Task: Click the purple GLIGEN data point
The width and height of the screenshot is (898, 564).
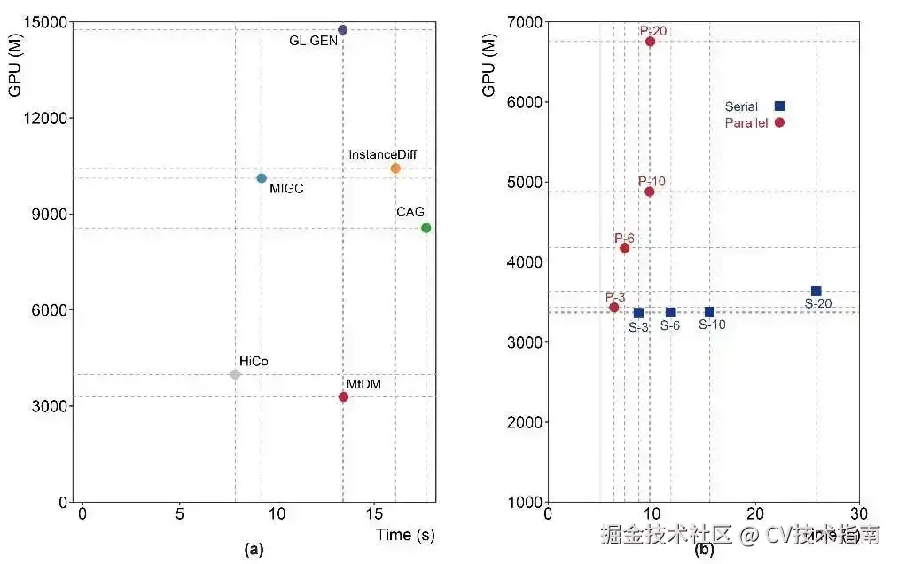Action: pyautogui.click(x=343, y=30)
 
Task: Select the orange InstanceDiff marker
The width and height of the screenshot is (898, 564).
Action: pyautogui.click(x=395, y=168)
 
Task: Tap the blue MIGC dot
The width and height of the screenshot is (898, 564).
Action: pyautogui.click(x=262, y=178)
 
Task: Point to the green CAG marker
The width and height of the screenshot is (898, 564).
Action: pyautogui.click(x=426, y=228)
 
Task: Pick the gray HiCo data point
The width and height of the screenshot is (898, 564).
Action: pyautogui.click(x=235, y=374)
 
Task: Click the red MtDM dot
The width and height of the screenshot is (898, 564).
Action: pyautogui.click(x=343, y=396)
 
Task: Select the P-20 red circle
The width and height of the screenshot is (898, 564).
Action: pyautogui.click(x=650, y=42)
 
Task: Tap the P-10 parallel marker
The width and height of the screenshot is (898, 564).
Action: pyautogui.click(x=650, y=192)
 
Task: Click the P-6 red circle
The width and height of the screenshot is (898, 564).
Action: pyautogui.click(x=624, y=248)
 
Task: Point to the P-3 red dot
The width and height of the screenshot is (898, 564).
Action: pyautogui.click(x=613, y=307)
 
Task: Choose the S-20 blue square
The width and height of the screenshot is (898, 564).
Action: pyautogui.click(x=816, y=291)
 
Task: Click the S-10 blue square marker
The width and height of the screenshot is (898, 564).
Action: pyautogui.click(x=709, y=311)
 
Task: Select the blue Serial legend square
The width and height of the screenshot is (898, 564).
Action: pyautogui.click(x=779, y=106)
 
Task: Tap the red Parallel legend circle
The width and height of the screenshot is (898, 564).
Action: pyautogui.click(x=779, y=122)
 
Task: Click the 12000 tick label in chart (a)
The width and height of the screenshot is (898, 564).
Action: pyautogui.click(x=46, y=119)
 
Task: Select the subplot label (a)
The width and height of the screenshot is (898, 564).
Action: pyautogui.click(x=254, y=550)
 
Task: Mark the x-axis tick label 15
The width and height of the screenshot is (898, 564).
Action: pyautogui.click(x=375, y=514)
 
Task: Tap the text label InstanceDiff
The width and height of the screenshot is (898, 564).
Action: pyautogui.click(x=382, y=155)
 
